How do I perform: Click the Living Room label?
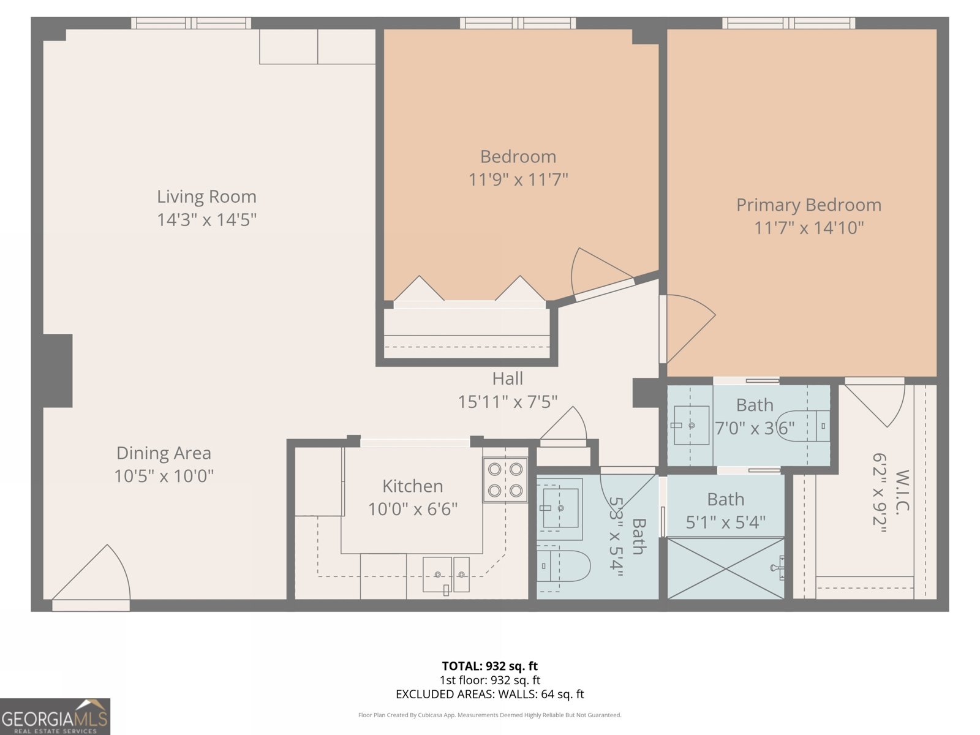pyautogui.click(x=206, y=197)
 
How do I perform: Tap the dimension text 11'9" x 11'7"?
pyautogui.click(x=518, y=180)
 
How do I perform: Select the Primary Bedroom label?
pyautogui.click(x=809, y=205)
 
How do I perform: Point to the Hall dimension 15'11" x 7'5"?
pyautogui.click(x=508, y=402)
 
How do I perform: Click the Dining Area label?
pyautogui.click(x=164, y=453)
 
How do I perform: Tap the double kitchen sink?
pyautogui.click(x=446, y=575)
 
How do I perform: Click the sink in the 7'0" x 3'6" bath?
pyautogui.click(x=691, y=425)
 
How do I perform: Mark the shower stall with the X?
pyautogui.click(x=725, y=568)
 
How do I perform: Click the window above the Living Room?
pyautogui.click(x=191, y=23)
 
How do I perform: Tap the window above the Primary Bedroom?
pyautogui.click(x=788, y=23)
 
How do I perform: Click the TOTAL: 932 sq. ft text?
pyautogui.click(x=489, y=666)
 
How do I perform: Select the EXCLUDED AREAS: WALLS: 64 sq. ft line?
pyautogui.click(x=489, y=694)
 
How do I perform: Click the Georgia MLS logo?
pyautogui.click(x=55, y=717)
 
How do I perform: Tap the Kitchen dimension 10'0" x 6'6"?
pyautogui.click(x=413, y=509)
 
